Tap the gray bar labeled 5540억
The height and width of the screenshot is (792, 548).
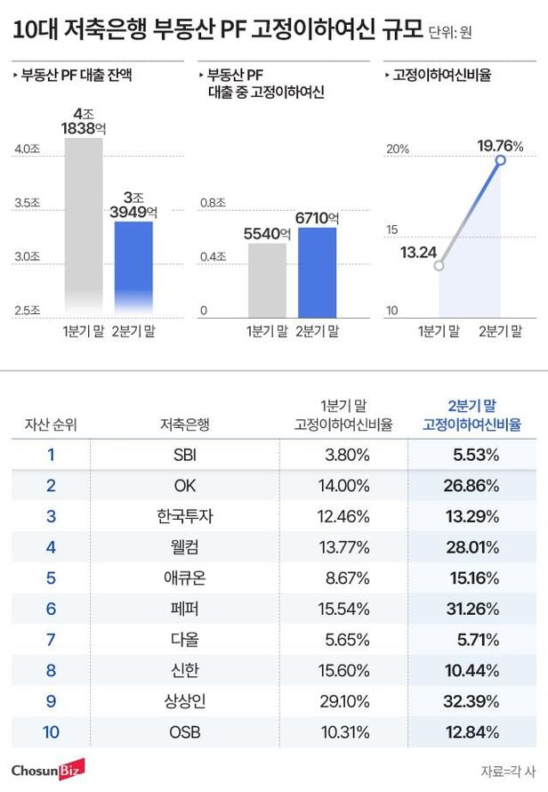[x=267, y=280]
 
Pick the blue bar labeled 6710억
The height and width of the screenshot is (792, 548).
[x=317, y=272]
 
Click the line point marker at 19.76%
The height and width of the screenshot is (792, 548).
[x=500, y=160]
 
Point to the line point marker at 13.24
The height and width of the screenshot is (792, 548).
[x=438, y=264]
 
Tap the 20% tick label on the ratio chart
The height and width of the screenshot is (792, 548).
[x=396, y=149]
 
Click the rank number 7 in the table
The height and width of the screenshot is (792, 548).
[x=51, y=639]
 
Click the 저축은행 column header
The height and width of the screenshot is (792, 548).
[x=186, y=424]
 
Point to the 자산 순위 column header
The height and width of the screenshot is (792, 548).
[x=51, y=424]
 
